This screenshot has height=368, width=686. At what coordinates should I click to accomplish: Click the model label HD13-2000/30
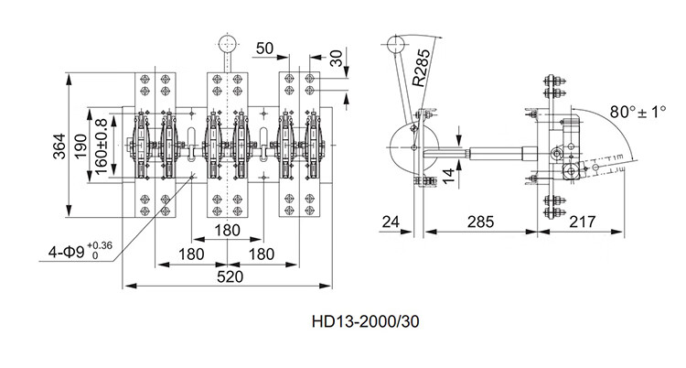pos(365,321)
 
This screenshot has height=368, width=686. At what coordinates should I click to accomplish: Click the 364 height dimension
pos(59,146)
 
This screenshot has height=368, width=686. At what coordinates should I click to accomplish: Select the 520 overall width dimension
pos(230,276)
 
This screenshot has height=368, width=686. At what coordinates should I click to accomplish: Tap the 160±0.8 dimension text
pos(102,146)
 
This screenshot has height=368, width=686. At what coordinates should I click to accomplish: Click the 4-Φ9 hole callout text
pos(80,251)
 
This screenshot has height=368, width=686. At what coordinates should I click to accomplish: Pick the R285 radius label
pos(421,67)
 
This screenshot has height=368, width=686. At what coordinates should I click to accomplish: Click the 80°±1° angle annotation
pos(638,112)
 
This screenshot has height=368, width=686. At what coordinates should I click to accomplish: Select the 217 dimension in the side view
pos(583,222)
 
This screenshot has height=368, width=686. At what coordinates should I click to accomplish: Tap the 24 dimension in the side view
pos(391,222)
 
